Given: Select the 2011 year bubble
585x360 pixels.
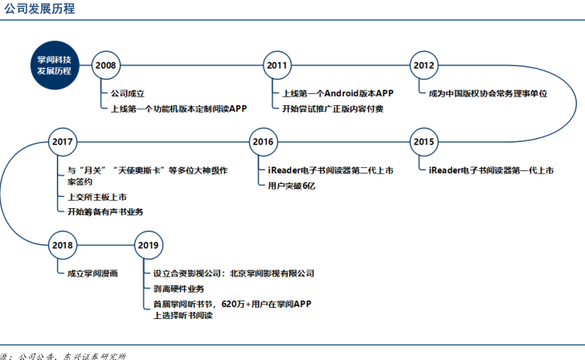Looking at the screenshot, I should coord(277,64).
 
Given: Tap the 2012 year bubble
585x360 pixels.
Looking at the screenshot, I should coord(423,64).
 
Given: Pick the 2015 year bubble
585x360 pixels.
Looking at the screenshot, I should coord(423,141).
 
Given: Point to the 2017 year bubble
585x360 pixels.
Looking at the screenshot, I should coord(62,141).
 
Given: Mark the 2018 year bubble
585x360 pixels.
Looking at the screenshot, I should coord(62,245).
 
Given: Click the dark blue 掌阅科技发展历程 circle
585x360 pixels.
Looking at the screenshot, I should coord(54,65).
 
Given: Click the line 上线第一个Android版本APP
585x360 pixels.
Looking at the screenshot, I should coord(337,93).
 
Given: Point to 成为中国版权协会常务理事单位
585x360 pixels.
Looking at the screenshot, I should coord(488,93).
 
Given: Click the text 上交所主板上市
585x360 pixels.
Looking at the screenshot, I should coord(99,198).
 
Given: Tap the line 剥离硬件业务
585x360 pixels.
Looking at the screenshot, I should coord(178,288).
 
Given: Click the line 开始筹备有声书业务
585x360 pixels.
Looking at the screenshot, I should coord(105,211).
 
